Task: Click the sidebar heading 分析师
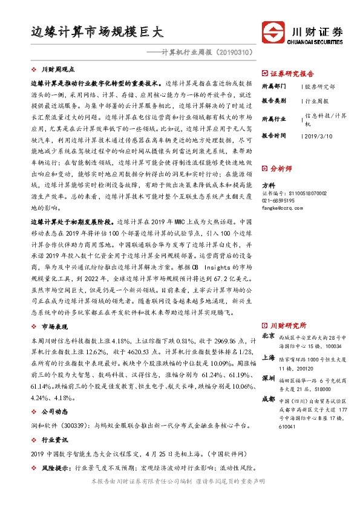(x=280, y=169)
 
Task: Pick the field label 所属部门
(x=273, y=86)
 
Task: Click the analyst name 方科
(x=268, y=185)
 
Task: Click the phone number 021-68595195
(x=278, y=200)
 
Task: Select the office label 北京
(x=268, y=335)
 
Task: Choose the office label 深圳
(x=268, y=378)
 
